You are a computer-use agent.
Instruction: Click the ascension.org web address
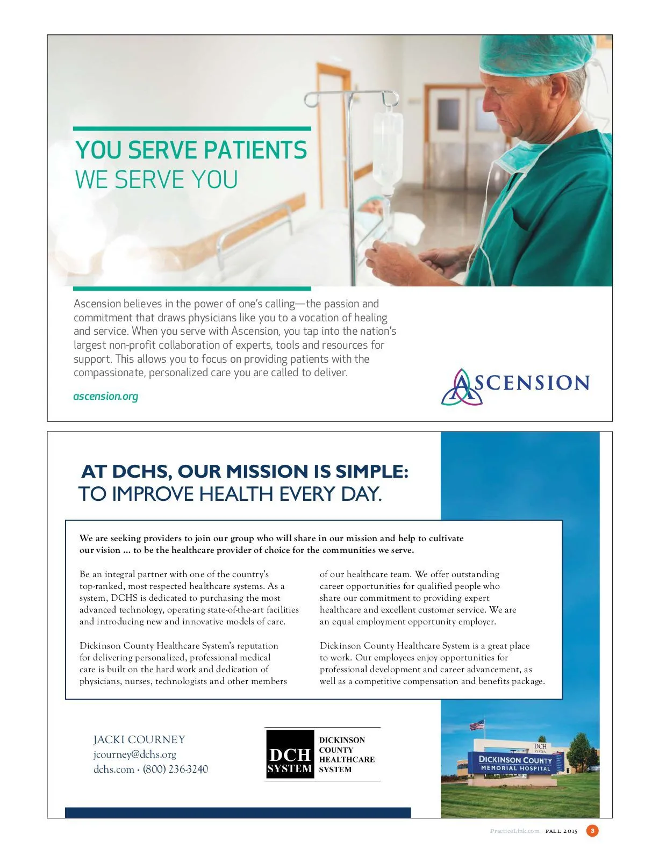click(105, 397)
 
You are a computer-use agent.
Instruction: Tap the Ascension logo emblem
click(461, 387)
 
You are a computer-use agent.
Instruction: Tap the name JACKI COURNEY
click(139, 739)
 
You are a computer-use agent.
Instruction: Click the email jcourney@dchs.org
click(135, 754)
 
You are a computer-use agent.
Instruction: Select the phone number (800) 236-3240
click(175, 769)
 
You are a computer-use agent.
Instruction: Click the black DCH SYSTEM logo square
click(290, 754)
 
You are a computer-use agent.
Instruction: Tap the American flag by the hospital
click(477, 725)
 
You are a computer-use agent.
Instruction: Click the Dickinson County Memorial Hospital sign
click(515, 763)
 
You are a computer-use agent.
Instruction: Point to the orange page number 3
click(592, 831)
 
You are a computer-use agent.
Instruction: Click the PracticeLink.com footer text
click(514, 831)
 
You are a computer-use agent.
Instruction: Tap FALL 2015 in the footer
click(561, 831)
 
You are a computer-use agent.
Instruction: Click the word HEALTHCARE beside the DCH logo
click(347, 760)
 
